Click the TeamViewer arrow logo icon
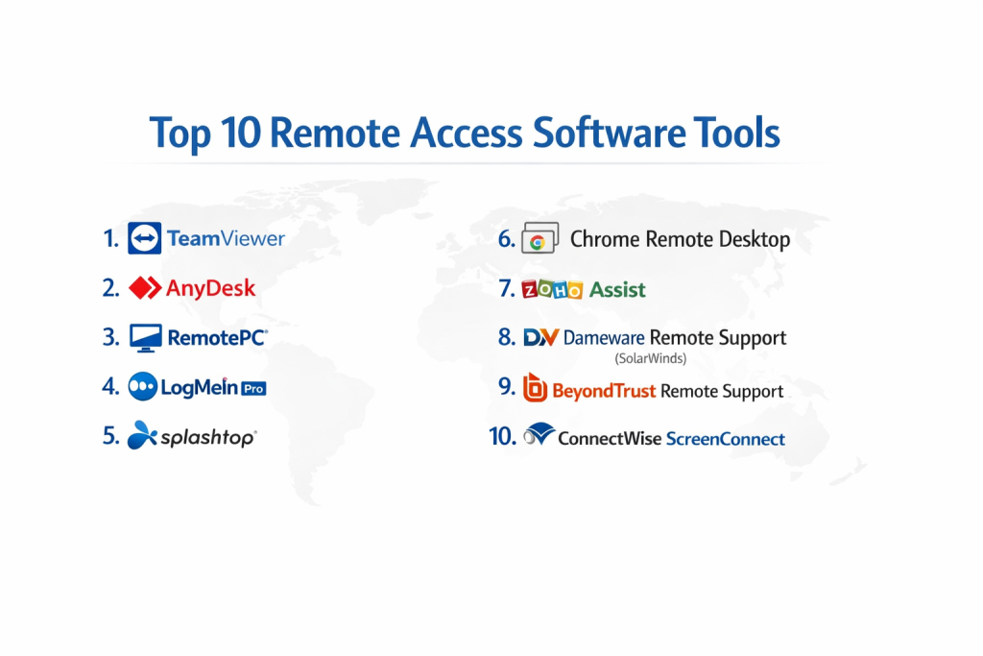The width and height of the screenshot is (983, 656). (x=144, y=237)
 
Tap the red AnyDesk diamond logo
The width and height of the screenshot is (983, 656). (x=145, y=288)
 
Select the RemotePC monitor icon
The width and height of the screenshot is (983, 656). (x=146, y=338)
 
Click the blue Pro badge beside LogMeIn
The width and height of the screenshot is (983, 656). (x=253, y=389)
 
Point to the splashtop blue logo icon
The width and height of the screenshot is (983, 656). (x=142, y=435)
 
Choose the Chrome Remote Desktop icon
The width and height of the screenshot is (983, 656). (x=539, y=237)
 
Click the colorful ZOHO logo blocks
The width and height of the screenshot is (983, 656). (x=552, y=289)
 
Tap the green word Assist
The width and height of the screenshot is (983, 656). (x=617, y=290)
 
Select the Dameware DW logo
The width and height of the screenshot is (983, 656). (x=541, y=337)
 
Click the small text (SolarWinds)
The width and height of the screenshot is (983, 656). (x=650, y=358)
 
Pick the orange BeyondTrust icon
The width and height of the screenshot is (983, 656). (x=535, y=387)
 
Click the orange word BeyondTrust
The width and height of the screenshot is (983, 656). (x=604, y=391)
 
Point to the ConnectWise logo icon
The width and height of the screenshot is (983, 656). (x=539, y=433)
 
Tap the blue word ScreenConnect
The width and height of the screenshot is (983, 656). (x=726, y=438)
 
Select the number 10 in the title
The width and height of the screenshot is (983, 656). (x=240, y=133)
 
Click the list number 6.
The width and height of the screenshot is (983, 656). (x=507, y=239)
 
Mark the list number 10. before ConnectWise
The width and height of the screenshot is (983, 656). (x=503, y=436)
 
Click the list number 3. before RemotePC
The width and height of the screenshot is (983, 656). (x=111, y=337)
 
